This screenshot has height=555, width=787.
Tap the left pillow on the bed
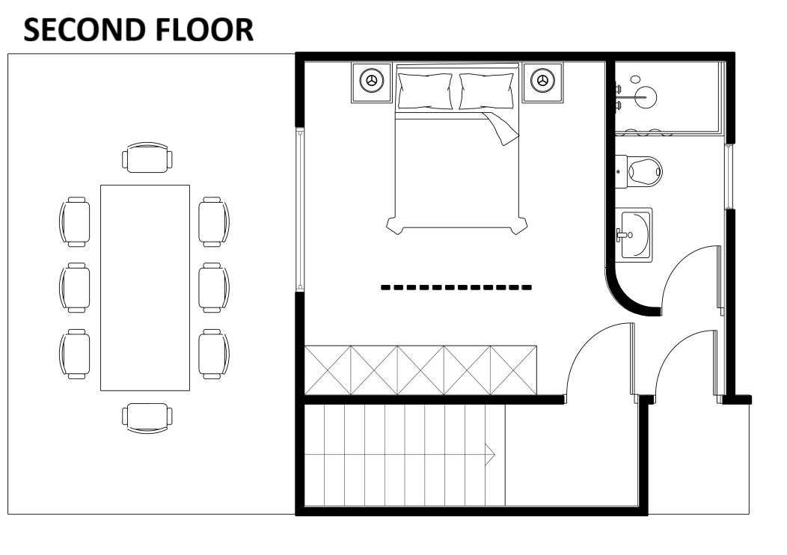coord(425,91)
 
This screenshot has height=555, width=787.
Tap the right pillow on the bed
coord(487,91)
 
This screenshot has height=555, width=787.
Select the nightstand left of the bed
coord(372,81)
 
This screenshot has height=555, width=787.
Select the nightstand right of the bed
coord(543,81)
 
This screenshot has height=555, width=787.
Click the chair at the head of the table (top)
coord(147,158)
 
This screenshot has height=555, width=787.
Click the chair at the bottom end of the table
coord(147,417)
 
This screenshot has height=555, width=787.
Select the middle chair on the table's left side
coord(75,287)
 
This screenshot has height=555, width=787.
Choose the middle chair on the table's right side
coord(214,287)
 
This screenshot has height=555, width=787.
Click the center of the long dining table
coord(145,287)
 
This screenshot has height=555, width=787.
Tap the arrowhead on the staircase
coord(491,452)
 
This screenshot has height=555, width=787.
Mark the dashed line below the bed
coord(456,287)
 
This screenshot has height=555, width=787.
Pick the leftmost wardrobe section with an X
coord(328,370)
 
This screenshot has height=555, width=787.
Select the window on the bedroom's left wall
coord(300,209)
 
